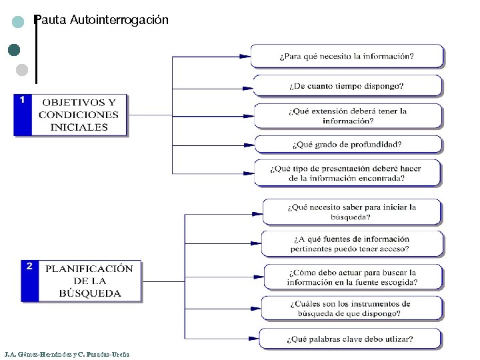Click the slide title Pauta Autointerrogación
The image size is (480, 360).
pos(101,20)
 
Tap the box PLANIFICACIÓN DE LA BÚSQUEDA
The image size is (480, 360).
pos(89,281)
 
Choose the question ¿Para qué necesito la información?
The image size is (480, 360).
pos(347,56)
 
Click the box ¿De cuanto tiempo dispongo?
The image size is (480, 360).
pos(347,86)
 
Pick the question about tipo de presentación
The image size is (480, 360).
pos(347,173)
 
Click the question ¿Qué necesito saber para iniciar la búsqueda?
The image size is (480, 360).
pos(351,212)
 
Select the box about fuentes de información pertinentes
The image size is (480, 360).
pos(351,244)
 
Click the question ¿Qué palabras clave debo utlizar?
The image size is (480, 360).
pos(351,339)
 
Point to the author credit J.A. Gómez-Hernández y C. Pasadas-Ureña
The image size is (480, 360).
pos(67,353)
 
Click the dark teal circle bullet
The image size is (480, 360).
pos(14,49)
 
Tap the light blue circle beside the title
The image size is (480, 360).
pos(19,21)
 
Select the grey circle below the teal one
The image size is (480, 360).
pos(21,69)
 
